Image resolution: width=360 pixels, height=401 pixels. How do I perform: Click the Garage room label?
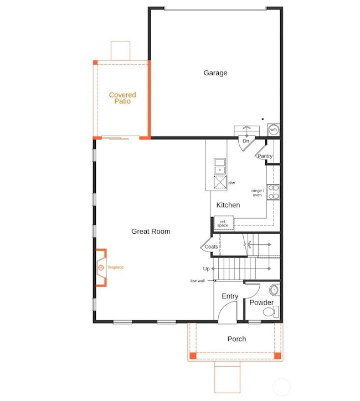pos(215,73)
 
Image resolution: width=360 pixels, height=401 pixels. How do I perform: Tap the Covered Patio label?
pos(122,98)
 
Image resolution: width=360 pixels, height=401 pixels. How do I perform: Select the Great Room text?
pos(151,232)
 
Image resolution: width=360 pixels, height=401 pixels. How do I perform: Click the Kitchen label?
pos(228,205)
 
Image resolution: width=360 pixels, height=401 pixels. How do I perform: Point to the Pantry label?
pos(265,156)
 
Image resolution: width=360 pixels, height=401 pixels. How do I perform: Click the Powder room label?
pos(261,302)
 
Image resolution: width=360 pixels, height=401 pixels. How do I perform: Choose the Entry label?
pos(230,296)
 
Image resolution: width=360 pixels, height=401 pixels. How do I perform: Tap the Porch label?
pos(236,339)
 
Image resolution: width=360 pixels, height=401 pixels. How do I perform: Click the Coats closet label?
pos(211,247)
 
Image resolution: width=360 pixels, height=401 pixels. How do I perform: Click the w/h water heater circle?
pos(273,130)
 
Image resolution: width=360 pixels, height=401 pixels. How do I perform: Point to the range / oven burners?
pos(273,192)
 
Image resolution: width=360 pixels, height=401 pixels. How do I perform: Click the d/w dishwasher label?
pos(232,183)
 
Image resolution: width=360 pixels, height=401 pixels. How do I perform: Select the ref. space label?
pos(223,223)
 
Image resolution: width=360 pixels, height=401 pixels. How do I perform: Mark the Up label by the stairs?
pos(207,269)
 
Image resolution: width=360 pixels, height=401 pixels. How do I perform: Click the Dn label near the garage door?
pos(246,141)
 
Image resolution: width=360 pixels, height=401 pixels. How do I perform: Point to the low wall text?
pos(197,281)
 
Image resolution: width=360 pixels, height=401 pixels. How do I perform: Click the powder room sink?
pos(274,290)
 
